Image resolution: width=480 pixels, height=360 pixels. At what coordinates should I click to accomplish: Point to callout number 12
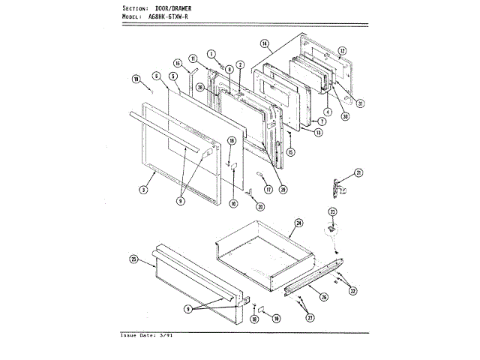click(x=341, y=51)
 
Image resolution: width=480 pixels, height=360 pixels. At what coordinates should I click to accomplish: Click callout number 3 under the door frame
click(x=142, y=190)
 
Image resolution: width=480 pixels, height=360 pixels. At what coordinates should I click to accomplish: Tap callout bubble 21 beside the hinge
click(x=358, y=173)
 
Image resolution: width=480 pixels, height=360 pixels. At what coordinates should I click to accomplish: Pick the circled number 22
click(x=352, y=289)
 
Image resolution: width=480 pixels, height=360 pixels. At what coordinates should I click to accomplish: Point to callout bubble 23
click(x=333, y=212)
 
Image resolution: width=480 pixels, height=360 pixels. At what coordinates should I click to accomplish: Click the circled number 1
click(x=212, y=53)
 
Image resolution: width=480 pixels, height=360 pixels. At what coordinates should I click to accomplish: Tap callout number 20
click(x=260, y=207)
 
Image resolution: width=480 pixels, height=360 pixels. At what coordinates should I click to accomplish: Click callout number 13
click(x=318, y=133)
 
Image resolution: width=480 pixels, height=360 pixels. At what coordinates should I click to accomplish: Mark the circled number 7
click(x=320, y=121)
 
